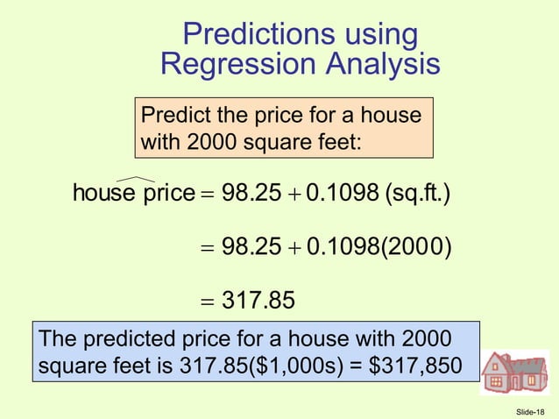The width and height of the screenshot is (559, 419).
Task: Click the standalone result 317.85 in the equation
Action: click(258, 302)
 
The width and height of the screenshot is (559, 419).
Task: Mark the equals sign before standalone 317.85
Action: click(207, 302)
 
